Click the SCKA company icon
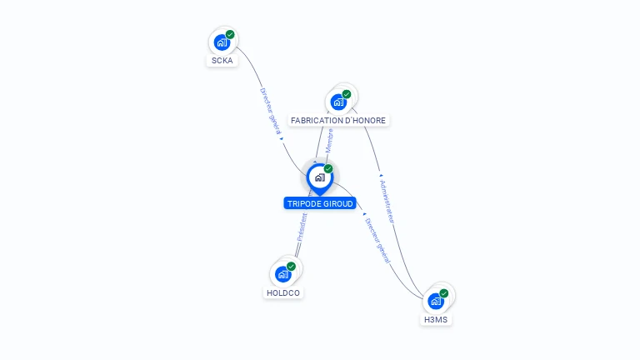222,42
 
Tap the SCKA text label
222,60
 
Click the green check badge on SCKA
230,34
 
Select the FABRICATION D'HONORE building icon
338,102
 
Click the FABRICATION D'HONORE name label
338,120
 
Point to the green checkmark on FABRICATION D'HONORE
347,94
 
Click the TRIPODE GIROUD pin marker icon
320,179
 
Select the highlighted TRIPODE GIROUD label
320,203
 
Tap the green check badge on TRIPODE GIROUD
328,168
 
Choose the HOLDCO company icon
282,274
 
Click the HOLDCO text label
283,293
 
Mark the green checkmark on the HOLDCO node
291,267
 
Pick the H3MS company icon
436,301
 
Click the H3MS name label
436,320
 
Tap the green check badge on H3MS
444,293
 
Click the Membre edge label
329,141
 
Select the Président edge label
302,227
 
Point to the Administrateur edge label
387,201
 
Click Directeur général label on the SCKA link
271,111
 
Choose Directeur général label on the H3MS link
377,241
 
